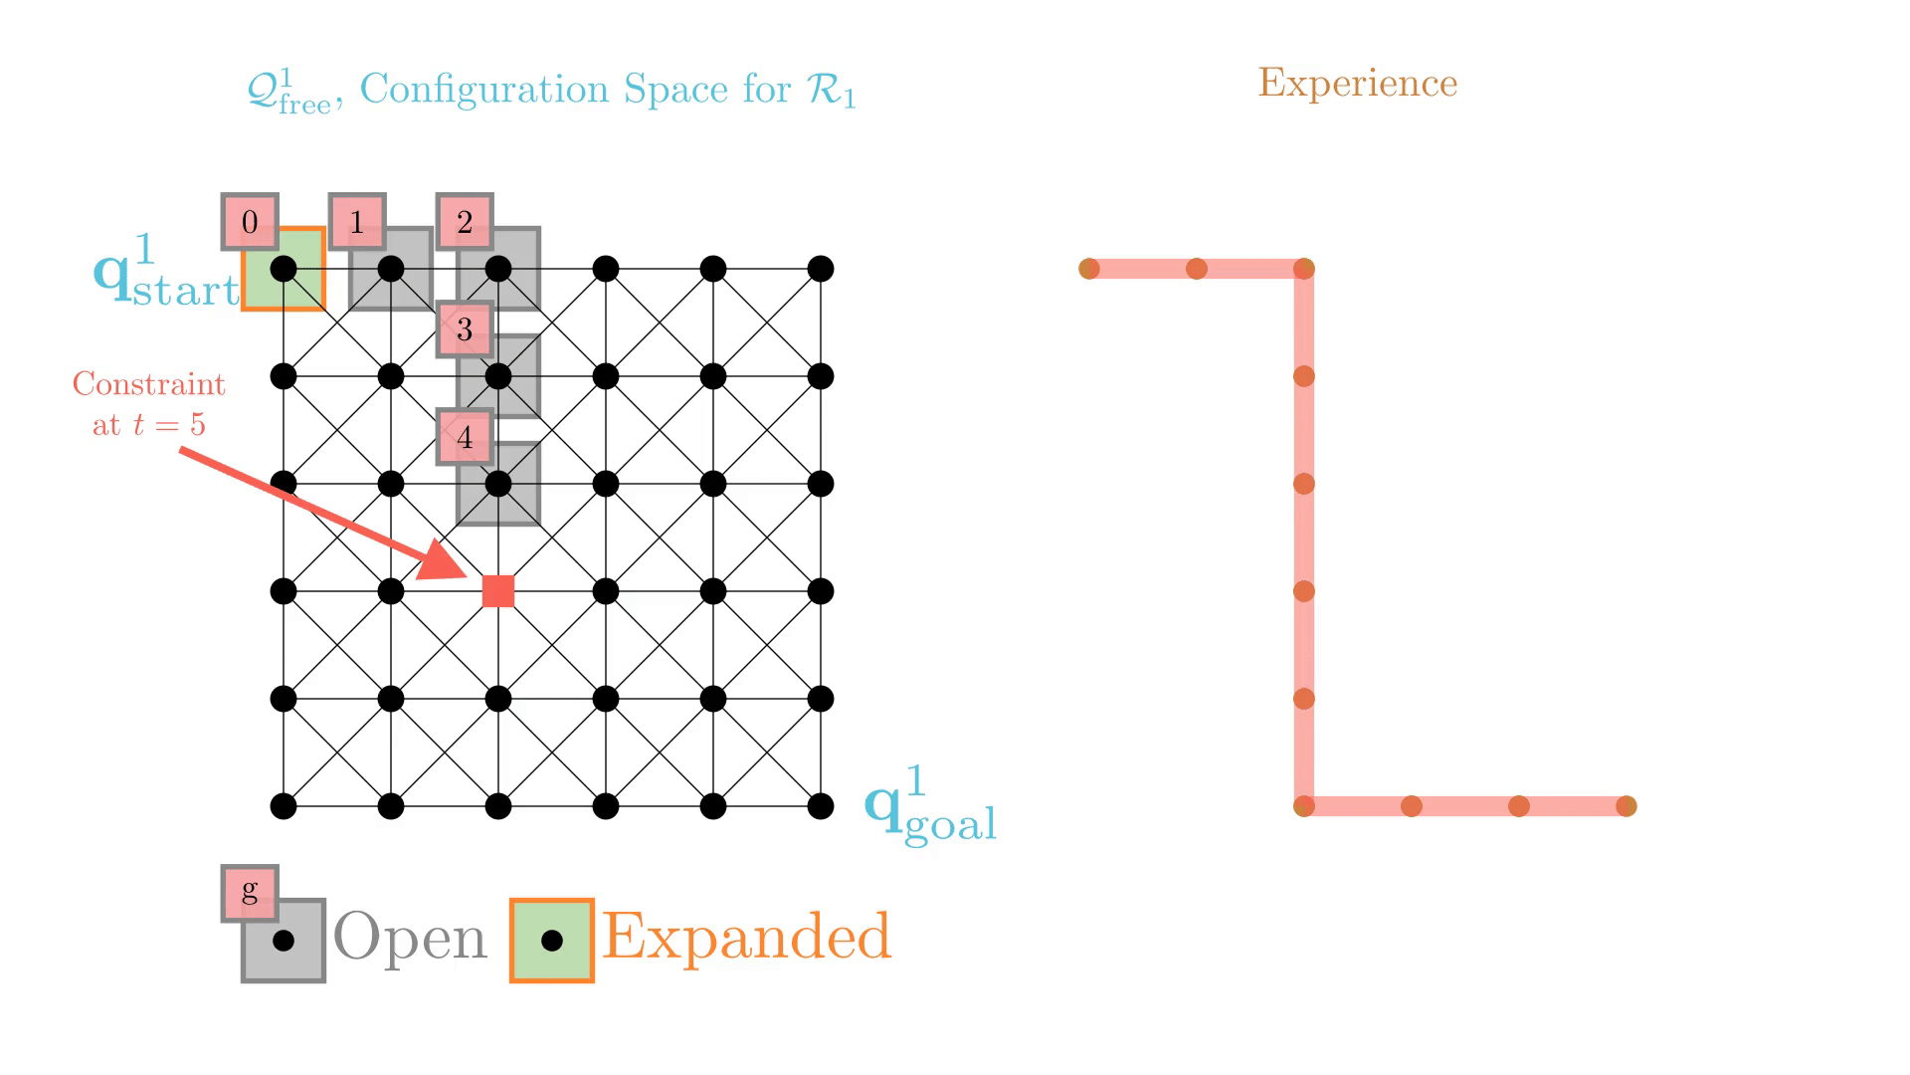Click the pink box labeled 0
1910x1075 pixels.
250,221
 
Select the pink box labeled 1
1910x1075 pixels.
357,221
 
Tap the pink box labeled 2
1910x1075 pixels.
465,221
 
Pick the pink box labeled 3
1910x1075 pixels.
465,328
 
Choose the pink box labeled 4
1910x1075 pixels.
465,436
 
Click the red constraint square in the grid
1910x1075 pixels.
498,591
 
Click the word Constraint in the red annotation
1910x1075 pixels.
149,384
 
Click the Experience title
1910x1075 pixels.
1357,83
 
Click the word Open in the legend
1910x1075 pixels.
410,938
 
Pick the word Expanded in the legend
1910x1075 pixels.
746,938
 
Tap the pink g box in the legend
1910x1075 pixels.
250,891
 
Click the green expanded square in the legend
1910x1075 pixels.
552,941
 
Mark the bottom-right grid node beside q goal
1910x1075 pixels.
821,806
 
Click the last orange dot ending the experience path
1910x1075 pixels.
1626,806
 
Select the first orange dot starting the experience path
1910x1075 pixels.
1089,269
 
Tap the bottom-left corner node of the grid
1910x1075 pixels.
284,806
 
